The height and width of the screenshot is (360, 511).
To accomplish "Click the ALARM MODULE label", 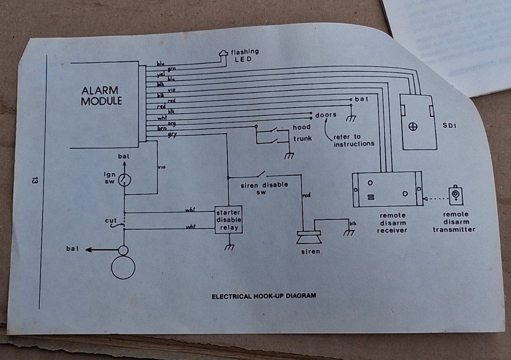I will coord(102,95).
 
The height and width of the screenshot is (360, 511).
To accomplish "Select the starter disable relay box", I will coord(228,220).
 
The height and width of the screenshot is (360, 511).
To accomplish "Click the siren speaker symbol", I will coord(309,237).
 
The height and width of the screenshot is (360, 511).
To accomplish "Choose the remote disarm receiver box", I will coord(387,189).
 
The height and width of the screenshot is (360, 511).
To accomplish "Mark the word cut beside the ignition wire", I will coord(111,221).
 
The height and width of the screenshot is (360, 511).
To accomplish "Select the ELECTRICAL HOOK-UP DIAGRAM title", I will coord(264,296).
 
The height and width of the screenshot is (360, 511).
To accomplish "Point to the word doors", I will coord(326,115).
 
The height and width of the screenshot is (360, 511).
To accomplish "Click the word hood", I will coord(301,127).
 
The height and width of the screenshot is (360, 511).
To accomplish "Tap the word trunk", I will coord(303,138).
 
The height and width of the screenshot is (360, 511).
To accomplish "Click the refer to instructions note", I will coord(354,140).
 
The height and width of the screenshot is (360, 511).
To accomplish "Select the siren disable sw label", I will coord(264,187).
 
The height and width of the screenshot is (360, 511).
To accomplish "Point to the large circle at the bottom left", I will coord(123,267).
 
